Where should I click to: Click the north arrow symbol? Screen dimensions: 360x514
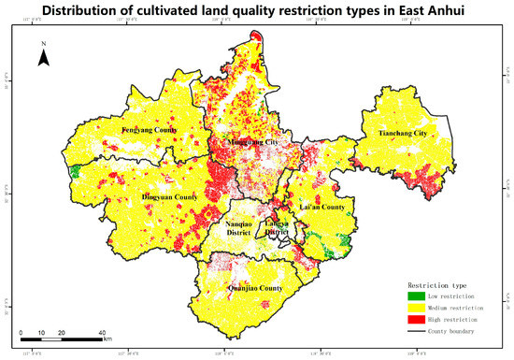click(43, 59)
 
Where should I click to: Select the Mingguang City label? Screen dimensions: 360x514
click(246, 142)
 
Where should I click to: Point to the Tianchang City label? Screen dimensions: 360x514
click(402, 134)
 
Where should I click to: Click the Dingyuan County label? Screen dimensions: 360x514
click(169, 197)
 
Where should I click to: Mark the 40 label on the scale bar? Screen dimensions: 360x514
click(101, 333)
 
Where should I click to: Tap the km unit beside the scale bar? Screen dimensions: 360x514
click(107, 339)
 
